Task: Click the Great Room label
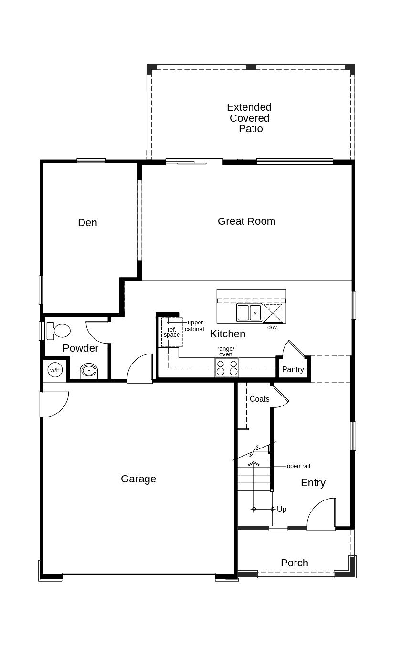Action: click(x=246, y=221)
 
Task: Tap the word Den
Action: click(x=87, y=223)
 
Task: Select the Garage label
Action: click(x=138, y=479)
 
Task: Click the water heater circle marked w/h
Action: click(x=55, y=370)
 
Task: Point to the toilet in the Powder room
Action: click(x=59, y=331)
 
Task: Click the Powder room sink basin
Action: click(x=89, y=371)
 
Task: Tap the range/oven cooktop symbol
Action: click(x=227, y=367)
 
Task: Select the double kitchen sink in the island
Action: click(x=249, y=313)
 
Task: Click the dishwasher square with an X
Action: click(x=273, y=313)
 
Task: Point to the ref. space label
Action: click(x=171, y=332)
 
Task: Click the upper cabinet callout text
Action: click(x=195, y=326)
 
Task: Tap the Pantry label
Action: click(x=293, y=370)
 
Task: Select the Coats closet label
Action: click(x=260, y=399)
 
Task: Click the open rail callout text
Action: click(x=298, y=466)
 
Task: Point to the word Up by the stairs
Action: click(x=282, y=509)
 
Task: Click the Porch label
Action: click(x=295, y=563)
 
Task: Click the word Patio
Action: click(x=251, y=129)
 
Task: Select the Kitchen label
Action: click(x=228, y=334)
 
